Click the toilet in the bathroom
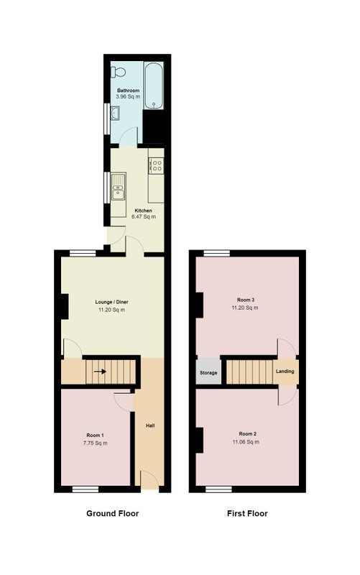click(x=118, y=72)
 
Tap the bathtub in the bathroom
click(x=153, y=86)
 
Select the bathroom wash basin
click(x=115, y=114)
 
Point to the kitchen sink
click(x=118, y=187)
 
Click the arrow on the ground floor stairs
click(x=100, y=372)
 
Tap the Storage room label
click(x=208, y=373)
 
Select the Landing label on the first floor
click(x=285, y=372)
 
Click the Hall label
click(x=150, y=425)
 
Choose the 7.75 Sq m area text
click(x=96, y=443)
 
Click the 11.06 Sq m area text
click(x=246, y=442)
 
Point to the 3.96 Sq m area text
click(x=128, y=97)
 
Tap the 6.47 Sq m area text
click(x=143, y=217)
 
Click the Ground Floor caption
click(x=113, y=513)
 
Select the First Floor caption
click(x=247, y=513)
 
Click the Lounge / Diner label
click(x=112, y=302)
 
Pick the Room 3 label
click(x=246, y=300)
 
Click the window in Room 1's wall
click(x=86, y=489)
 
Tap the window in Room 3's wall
click(x=217, y=253)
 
